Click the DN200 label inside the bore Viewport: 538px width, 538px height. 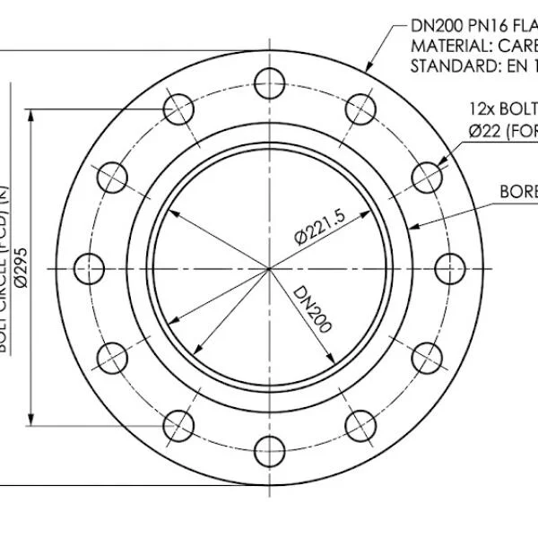pyautogui.click(x=311, y=309)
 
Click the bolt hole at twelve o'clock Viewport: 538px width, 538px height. pyautogui.click(x=269, y=84)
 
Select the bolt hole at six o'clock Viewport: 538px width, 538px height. pyautogui.click(x=269, y=451)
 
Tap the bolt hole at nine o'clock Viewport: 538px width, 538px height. pyautogui.click(x=87, y=267)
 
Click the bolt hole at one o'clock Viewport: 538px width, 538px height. pyautogui.click(x=360, y=109)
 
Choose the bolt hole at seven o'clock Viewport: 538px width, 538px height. pyautogui.click(x=178, y=426)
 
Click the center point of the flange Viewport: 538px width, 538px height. pyautogui.click(x=270, y=267)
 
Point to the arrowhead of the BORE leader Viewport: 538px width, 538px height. pyautogui.click(x=412, y=227)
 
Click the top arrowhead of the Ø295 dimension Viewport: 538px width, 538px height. pyautogui.click(x=33, y=117)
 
